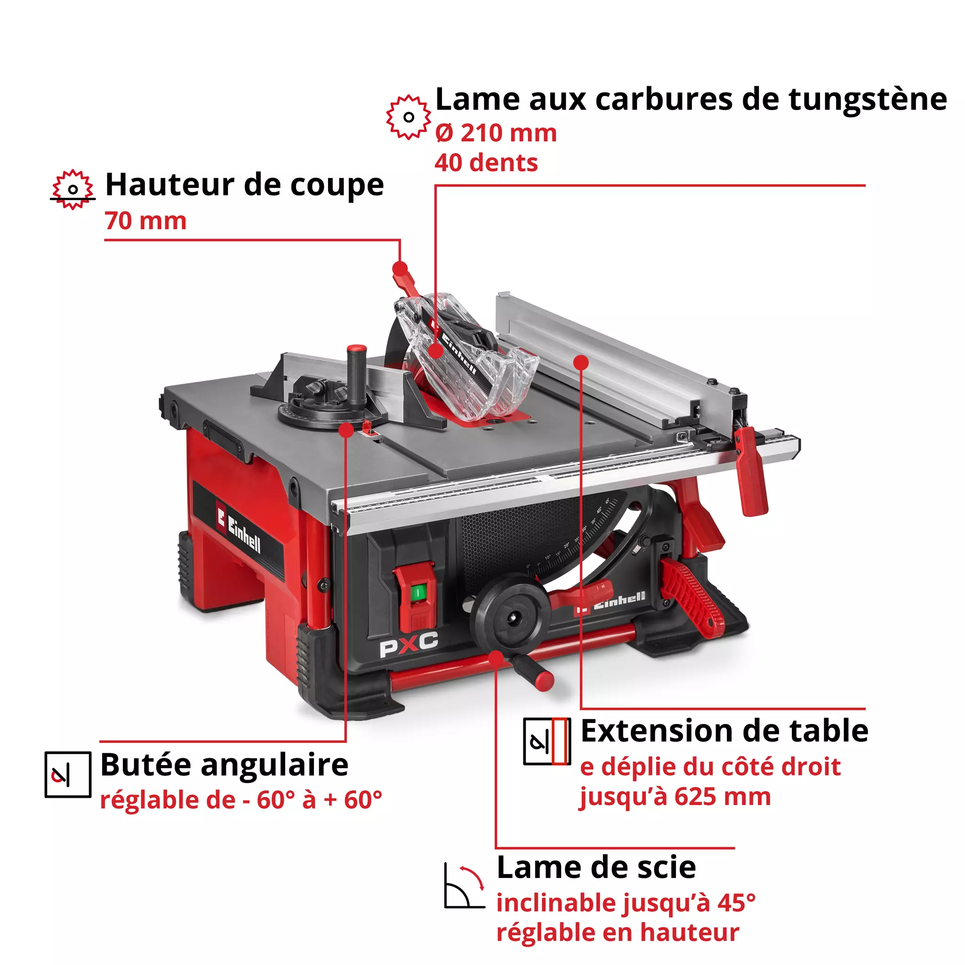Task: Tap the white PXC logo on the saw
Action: tap(409, 645)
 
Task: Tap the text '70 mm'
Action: tap(145, 221)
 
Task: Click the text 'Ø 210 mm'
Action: tap(496, 133)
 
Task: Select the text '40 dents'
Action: tap(485, 163)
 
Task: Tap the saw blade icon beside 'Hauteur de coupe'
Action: tap(73, 189)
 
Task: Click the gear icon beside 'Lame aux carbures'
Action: tap(408, 117)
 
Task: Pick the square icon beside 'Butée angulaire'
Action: tap(68, 774)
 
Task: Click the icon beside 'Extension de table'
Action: tap(547, 742)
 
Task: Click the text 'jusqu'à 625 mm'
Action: tap(674, 796)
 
